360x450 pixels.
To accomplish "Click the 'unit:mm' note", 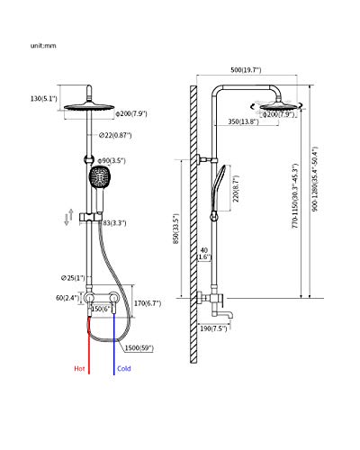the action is (43, 46).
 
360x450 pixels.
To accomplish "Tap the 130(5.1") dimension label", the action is (44, 98).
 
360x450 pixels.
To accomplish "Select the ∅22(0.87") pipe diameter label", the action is (115, 135).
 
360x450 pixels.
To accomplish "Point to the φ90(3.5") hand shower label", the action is (112, 161).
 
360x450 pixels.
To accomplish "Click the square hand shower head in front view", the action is (98, 176).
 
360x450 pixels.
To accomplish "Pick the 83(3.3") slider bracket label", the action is (114, 223).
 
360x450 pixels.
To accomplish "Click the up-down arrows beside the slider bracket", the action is (69, 217).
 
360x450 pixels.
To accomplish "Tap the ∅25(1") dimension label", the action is (73, 278).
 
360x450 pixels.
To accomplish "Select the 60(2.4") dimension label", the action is (67, 298).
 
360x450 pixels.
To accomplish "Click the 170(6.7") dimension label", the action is (148, 303).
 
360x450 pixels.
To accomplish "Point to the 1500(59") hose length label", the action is (139, 348).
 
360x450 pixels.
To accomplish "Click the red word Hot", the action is (79, 368).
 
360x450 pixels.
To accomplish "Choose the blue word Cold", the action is (124, 368).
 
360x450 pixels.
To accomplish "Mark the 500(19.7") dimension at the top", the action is (246, 70).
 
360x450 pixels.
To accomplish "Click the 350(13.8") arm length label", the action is (243, 121).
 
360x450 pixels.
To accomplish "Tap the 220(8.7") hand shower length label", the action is (237, 188).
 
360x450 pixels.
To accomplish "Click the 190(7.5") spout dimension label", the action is (213, 328).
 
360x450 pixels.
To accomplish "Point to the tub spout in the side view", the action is (222, 314).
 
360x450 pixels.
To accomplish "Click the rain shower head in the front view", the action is (89, 107).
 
